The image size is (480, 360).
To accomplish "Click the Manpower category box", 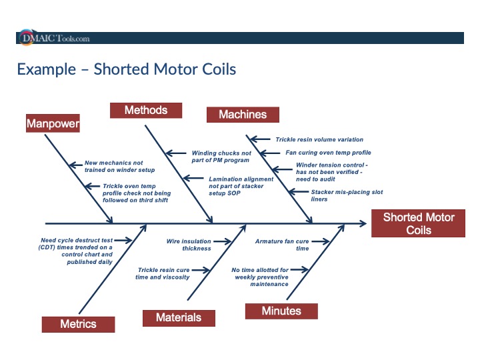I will click(53, 123).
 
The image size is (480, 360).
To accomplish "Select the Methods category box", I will click(145, 110).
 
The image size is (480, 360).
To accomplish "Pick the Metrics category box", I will click(78, 324).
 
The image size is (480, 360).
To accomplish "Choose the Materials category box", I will click(179, 317).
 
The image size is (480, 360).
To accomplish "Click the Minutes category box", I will click(281, 311).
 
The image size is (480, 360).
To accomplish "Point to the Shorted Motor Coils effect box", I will click(419, 224).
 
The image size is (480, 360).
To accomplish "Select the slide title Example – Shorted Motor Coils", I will click(127, 69).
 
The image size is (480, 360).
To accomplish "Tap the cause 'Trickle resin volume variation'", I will click(319, 140).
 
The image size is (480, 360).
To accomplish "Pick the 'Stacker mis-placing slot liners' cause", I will click(347, 195).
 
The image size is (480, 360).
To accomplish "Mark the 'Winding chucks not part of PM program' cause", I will click(221, 157).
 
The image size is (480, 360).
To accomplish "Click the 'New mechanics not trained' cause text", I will click(113, 166).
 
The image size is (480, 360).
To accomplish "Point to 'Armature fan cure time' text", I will click(282, 245).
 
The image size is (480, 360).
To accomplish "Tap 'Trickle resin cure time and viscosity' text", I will click(163, 273).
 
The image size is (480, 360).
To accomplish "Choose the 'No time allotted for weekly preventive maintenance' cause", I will click(260, 277).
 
